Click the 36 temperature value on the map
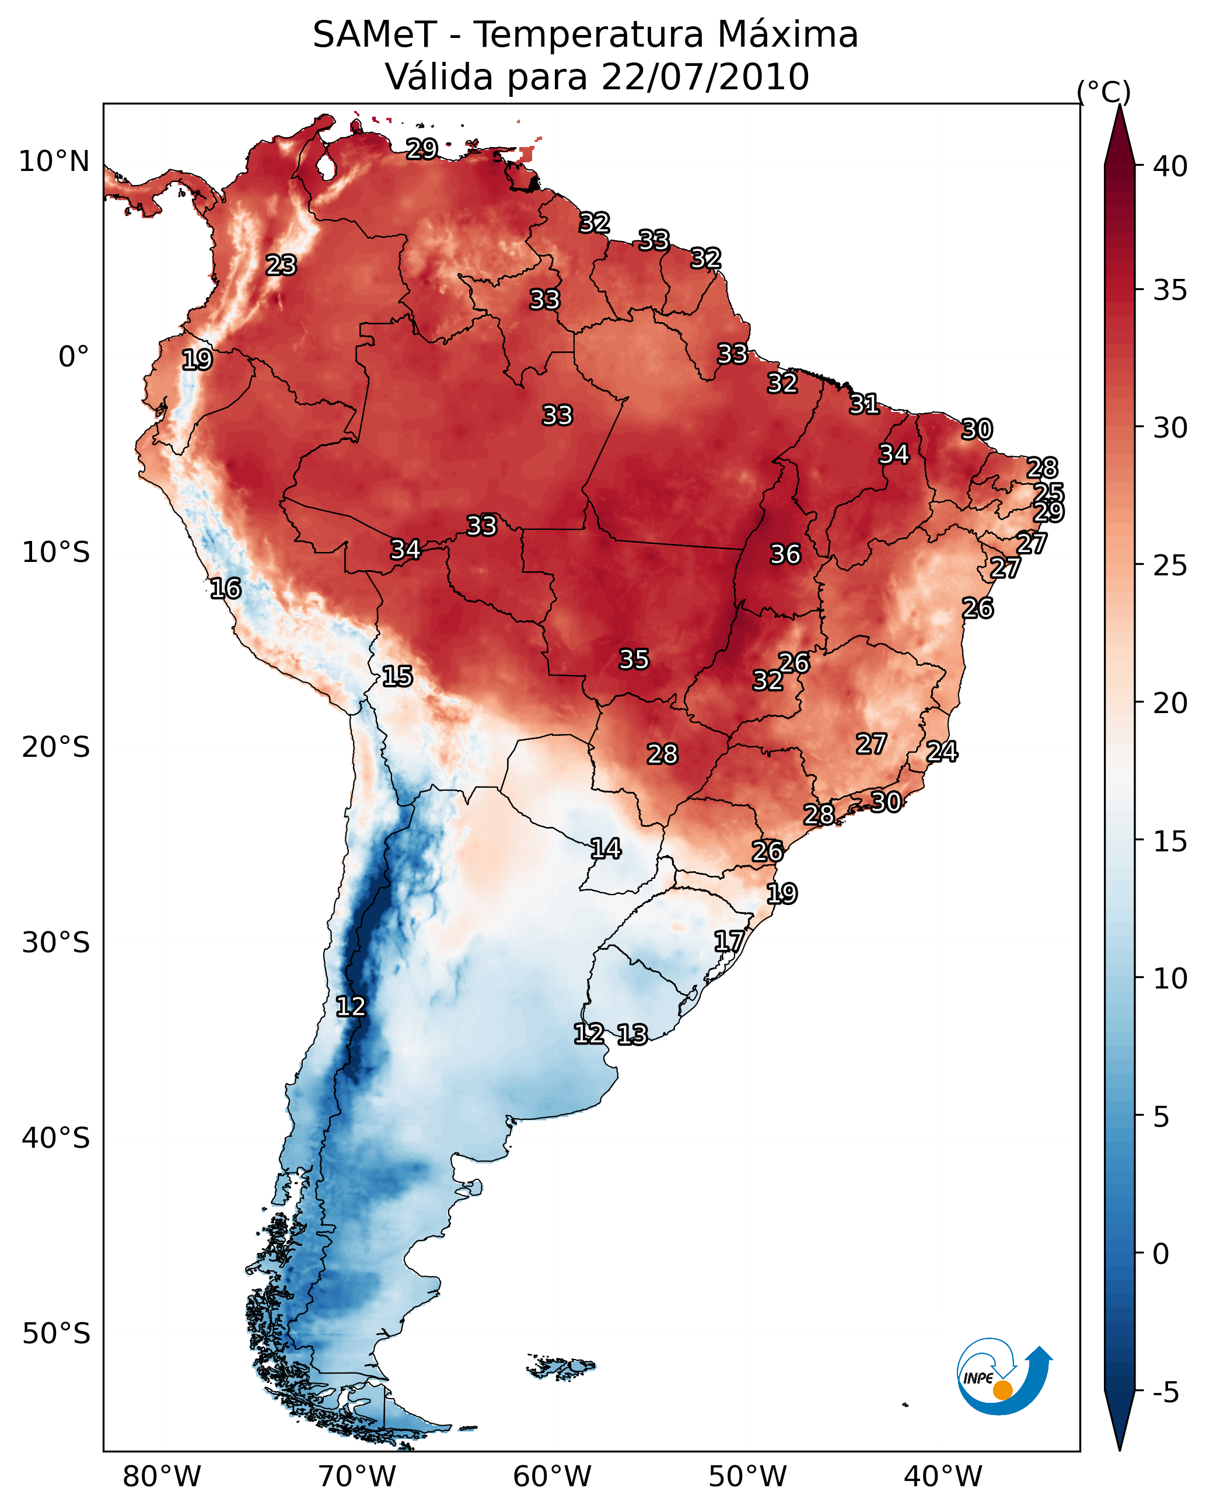[x=785, y=554]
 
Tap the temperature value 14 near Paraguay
[x=606, y=849]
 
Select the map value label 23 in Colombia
[x=281, y=266]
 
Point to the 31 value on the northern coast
[x=865, y=404]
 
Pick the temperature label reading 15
[x=397, y=676]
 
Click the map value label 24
[x=942, y=752]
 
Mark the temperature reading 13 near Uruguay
[x=632, y=1035]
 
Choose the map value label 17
[x=729, y=941]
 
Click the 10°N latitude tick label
[x=54, y=162]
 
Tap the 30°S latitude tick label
[x=56, y=943]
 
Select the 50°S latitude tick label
[x=56, y=1333]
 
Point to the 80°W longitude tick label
[x=162, y=1477]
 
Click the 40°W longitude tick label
[x=943, y=1477]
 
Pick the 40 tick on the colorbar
[x=1170, y=166]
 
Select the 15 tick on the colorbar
[x=1170, y=841]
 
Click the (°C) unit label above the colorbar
[x=1104, y=92]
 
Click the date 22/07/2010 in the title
[x=705, y=77]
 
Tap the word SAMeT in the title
[x=375, y=35]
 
